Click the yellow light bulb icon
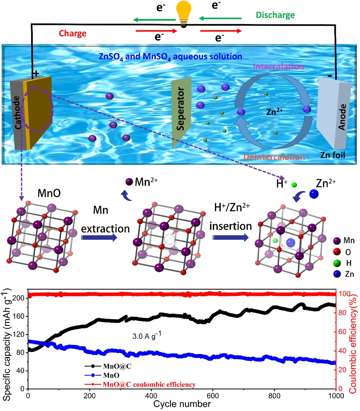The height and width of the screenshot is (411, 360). [x=181, y=12]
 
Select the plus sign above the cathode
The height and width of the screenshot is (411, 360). [x=36, y=74]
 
